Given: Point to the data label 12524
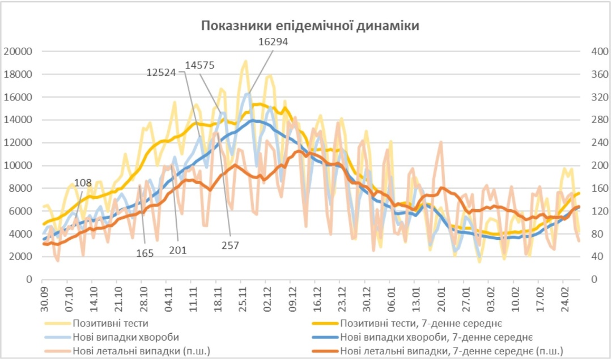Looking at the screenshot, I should (162, 72).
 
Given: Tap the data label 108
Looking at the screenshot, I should (83, 183).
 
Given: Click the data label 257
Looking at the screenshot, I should (230, 245).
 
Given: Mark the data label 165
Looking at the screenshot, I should (145, 253).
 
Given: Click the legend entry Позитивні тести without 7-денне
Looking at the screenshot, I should (110, 324).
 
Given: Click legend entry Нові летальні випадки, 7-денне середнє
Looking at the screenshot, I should (451, 350).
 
